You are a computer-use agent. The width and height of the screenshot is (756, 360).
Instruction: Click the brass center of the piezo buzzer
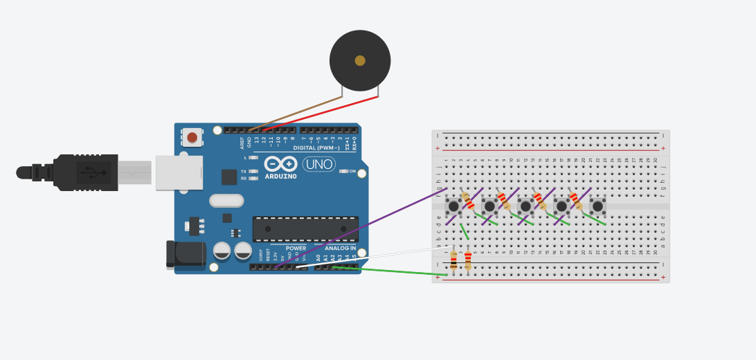point(360,60)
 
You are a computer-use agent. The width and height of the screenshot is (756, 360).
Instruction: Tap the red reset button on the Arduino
point(192,138)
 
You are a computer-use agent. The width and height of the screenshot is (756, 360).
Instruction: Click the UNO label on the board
point(319,165)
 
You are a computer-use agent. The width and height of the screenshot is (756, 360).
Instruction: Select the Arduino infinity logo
point(280,164)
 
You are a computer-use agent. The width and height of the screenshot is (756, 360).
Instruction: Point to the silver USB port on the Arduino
point(179,172)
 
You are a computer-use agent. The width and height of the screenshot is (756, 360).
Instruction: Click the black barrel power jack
point(185,253)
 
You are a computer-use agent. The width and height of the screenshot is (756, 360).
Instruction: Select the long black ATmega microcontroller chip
point(305,228)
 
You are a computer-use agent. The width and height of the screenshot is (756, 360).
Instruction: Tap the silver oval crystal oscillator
point(226,201)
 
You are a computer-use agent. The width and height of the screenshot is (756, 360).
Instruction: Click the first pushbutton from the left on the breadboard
point(453,206)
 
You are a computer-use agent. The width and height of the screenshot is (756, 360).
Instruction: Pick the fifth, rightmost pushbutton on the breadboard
point(597,206)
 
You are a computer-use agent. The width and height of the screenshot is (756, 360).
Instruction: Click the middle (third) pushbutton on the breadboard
point(525,206)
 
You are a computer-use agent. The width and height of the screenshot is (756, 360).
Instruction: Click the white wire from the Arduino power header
point(374,255)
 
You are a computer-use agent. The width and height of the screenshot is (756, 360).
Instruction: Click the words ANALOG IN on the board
point(340,248)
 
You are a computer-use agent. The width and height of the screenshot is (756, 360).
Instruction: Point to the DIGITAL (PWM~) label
point(316,147)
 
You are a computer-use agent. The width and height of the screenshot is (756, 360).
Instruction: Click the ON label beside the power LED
point(352,171)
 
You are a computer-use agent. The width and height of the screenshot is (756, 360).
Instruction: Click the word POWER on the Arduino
point(296,248)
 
